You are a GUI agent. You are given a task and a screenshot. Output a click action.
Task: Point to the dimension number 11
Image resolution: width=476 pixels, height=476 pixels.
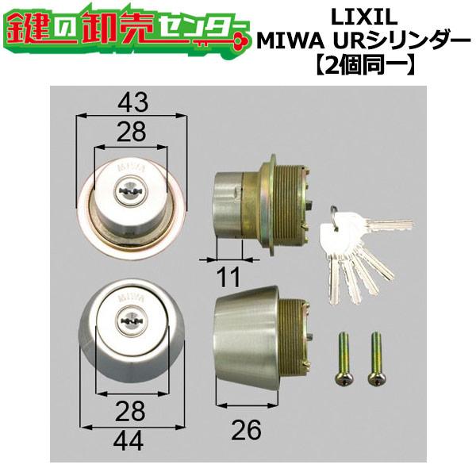[x=229, y=278]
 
